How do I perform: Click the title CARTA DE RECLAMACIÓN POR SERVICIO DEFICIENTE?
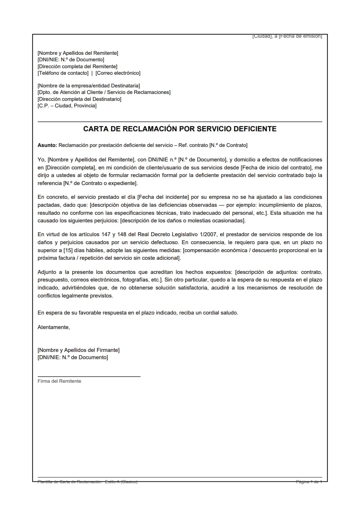tap(180, 129)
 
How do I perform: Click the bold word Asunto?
tap(47, 145)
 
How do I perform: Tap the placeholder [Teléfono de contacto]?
tap(63, 73)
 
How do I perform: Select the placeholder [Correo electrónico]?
tap(118, 73)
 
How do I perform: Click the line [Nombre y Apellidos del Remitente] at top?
tap(78, 53)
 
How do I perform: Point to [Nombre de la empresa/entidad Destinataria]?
tap(89, 86)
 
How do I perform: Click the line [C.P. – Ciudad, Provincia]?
tap(67, 106)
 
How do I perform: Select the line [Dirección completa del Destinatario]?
tap(79, 99)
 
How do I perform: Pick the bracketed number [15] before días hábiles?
tap(68, 250)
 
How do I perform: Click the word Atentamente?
tap(53, 327)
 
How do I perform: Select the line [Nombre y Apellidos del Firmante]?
tap(78, 350)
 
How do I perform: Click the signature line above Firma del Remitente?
tap(89, 377)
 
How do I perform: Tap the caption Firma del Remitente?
tap(59, 381)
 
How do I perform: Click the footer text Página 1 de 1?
tap(309, 482)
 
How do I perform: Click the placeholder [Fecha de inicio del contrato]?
tap(276, 168)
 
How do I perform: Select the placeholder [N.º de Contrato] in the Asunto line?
tap(228, 145)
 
